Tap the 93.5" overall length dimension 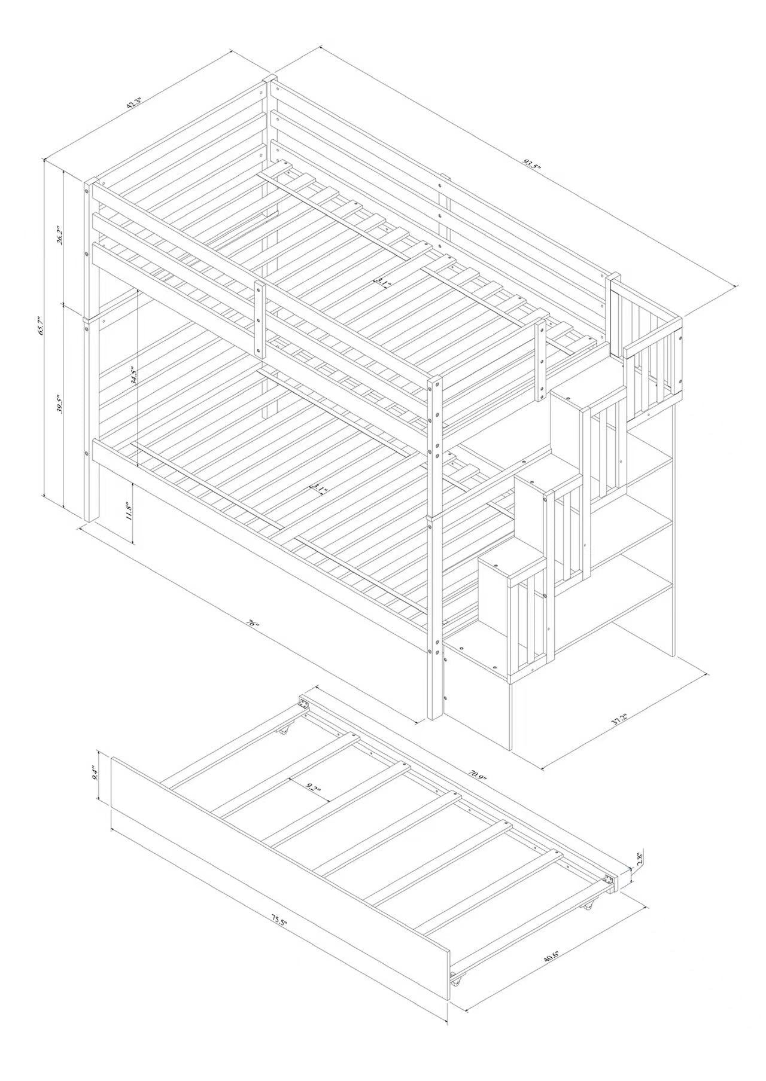530,164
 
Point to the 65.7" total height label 41,326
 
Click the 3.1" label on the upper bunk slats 383,283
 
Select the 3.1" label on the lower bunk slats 318,490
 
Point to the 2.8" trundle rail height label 640,859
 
